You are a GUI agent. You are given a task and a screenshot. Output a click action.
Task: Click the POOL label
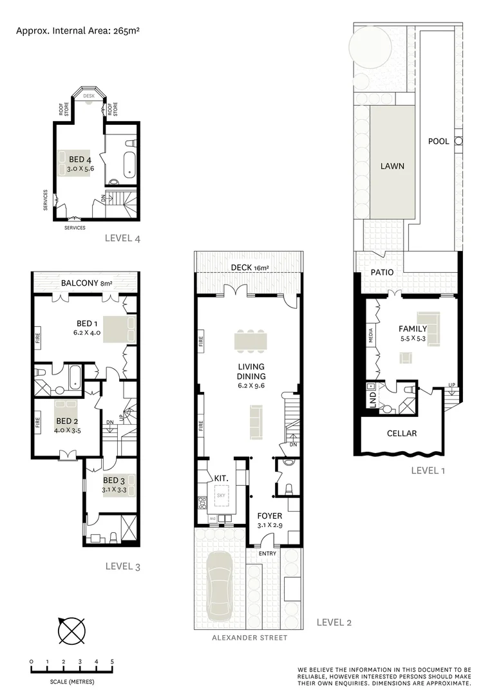pos(439,141)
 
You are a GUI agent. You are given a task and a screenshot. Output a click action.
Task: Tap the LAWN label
pos(392,165)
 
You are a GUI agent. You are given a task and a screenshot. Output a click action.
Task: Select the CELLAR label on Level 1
pos(402,433)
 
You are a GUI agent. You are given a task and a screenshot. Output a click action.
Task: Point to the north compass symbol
pos(71,630)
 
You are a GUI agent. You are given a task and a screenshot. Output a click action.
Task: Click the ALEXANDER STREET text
pos(250,638)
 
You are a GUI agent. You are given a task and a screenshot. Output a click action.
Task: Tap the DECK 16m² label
pos(249,268)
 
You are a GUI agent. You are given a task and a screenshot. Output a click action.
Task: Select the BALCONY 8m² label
pos(86,283)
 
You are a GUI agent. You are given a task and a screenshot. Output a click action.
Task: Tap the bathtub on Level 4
pos(129,163)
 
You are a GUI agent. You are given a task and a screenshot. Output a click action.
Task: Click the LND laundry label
pos(370,396)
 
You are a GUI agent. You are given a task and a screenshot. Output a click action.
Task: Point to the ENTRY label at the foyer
pos(267,553)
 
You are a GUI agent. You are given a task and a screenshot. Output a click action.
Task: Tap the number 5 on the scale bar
pos(113,662)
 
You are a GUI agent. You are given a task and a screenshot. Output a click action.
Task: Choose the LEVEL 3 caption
pos(122,566)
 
